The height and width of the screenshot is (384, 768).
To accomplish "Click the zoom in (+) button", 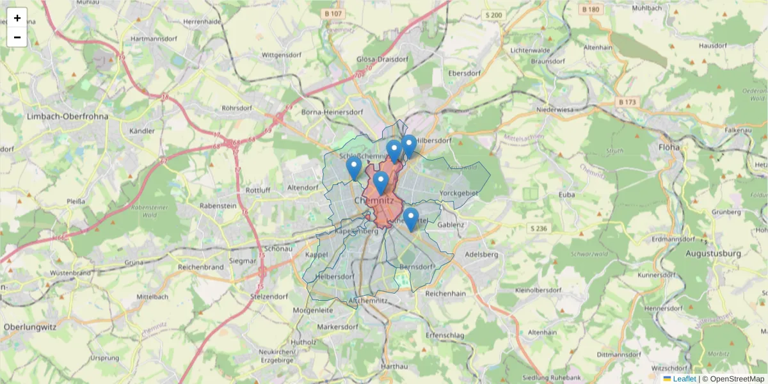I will click(x=17, y=18).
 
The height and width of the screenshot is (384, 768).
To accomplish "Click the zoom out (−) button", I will click(x=17, y=37).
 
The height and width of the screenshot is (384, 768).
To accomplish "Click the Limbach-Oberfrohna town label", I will click(x=68, y=116).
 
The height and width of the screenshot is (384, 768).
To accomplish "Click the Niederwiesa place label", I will click(x=558, y=109).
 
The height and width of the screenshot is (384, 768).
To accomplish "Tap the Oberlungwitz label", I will click(x=30, y=326).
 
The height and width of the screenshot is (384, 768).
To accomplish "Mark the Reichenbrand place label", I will click(x=201, y=266).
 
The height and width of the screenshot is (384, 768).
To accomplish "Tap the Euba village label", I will click(x=567, y=194).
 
